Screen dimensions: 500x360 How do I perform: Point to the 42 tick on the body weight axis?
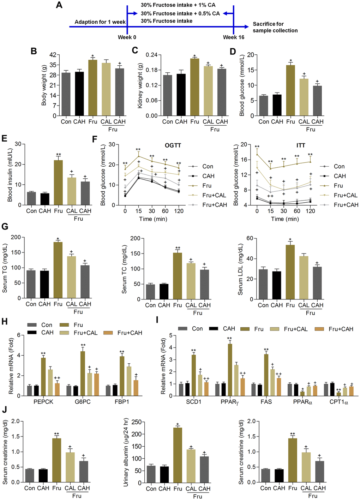click(53, 55)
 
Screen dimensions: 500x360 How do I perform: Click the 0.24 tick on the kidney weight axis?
click(151, 55)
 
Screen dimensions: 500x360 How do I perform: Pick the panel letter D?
click(233, 52)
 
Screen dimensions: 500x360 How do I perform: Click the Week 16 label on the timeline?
click(234, 37)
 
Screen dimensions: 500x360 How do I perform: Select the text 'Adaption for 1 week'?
click(100, 22)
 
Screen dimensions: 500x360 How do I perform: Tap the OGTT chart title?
click(173, 145)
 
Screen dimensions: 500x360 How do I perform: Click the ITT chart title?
click(301, 145)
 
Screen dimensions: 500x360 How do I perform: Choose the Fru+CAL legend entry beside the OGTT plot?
click(214, 195)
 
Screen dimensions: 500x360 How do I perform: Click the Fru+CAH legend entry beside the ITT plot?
click(346, 205)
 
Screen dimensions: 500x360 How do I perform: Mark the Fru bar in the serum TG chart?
click(58, 270)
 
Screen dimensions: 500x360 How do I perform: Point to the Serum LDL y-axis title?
click(240, 269)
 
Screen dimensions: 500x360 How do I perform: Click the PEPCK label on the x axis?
click(43, 402)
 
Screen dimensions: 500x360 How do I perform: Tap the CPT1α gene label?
click(339, 402)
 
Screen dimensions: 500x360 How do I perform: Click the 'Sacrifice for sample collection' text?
click(275, 27)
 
